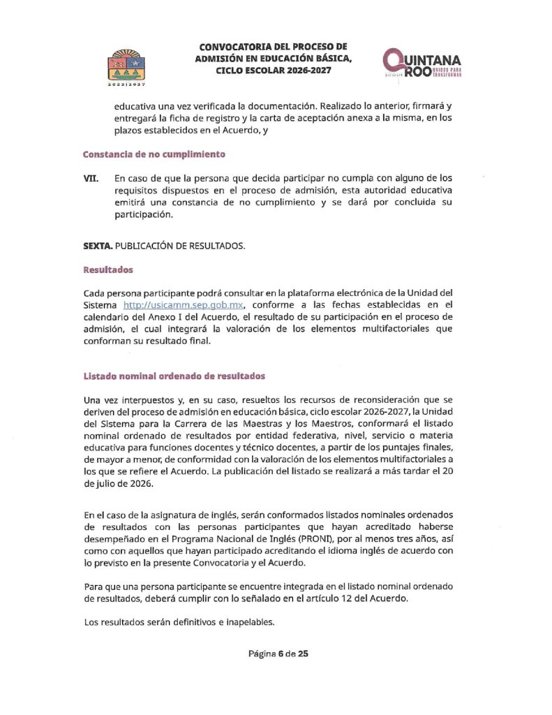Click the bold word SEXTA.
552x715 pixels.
(x=97, y=246)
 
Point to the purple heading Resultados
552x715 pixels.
(x=107, y=269)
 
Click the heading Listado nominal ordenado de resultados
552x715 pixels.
(x=174, y=376)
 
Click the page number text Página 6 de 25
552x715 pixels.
(x=278, y=654)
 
